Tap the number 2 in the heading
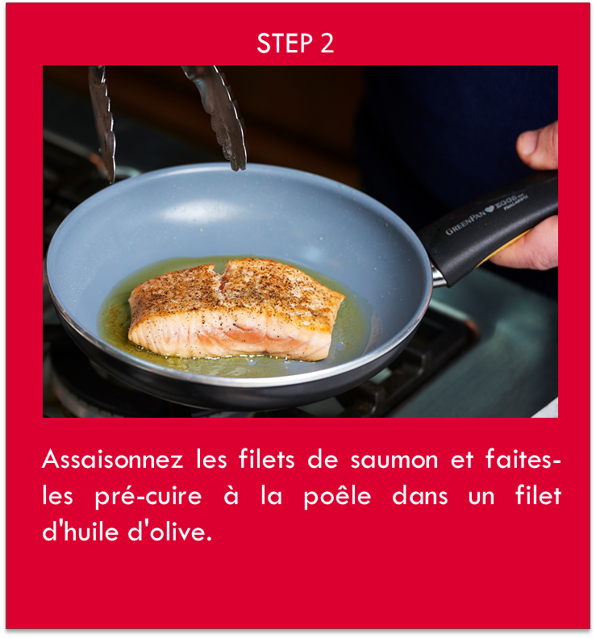click(327, 44)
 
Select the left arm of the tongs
click(102, 121)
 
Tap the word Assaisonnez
click(112, 461)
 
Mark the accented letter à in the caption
click(231, 497)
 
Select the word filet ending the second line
click(538, 497)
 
